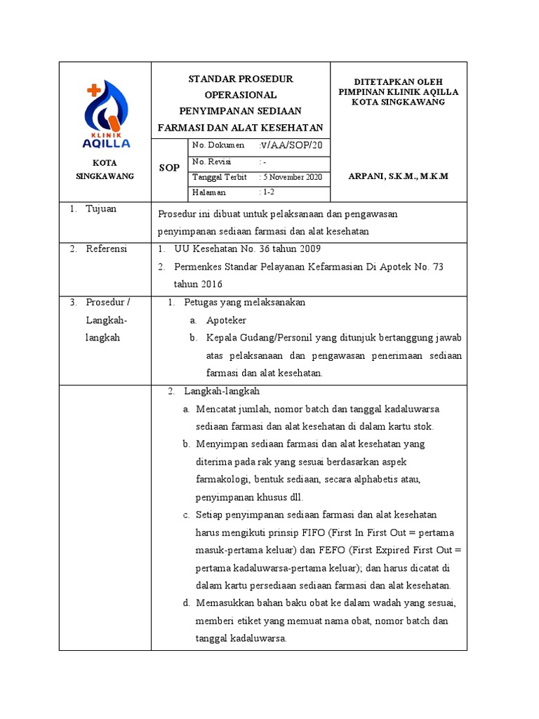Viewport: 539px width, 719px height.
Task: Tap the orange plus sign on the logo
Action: click(x=93, y=90)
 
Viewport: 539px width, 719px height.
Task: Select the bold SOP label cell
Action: click(x=168, y=169)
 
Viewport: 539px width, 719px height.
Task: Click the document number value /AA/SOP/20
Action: click(x=291, y=145)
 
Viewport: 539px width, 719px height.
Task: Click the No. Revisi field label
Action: click(x=212, y=161)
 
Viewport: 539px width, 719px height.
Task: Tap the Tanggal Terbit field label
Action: click(x=219, y=177)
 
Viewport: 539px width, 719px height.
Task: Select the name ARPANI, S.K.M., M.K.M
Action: click(x=398, y=176)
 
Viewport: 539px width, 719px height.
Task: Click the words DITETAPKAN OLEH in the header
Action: click(x=398, y=82)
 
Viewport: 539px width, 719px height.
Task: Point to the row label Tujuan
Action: click(x=101, y=209)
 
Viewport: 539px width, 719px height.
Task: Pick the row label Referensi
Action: click(x=106, y=249)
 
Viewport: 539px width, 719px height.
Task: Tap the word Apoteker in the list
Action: click(x=226, y=320)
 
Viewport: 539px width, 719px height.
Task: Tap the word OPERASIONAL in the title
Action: click(x=241, y=95)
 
